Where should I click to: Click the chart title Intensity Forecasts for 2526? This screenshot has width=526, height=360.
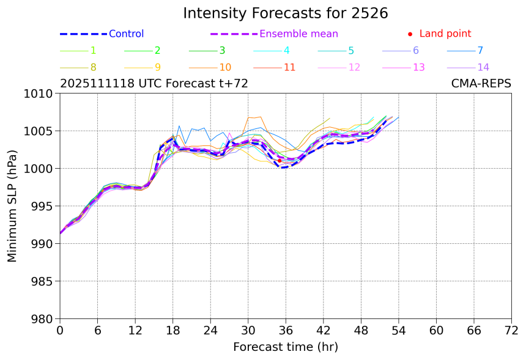pyautogui.click(x=286, y=13)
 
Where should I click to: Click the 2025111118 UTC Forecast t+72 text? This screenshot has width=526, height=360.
pyautogui.click(x=154, y=84)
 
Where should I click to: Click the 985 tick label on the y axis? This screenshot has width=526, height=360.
pyautogui.click(x=42, y=282)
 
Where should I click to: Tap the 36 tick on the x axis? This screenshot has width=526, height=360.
pyautogui.click(x=286, y=330)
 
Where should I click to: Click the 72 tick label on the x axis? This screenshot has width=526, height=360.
pyautogui.click(x=511, y=330)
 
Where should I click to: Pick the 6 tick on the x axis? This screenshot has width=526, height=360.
pyautogui.click(x=97, y=330)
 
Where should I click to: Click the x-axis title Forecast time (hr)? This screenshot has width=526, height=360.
pyautogui.click(x=286, y=347)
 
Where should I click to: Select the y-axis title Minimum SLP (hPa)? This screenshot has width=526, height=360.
pyautogui.click(x=12, y=206)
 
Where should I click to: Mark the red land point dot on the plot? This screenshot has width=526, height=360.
pyautogui.click(x=280, y=161)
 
